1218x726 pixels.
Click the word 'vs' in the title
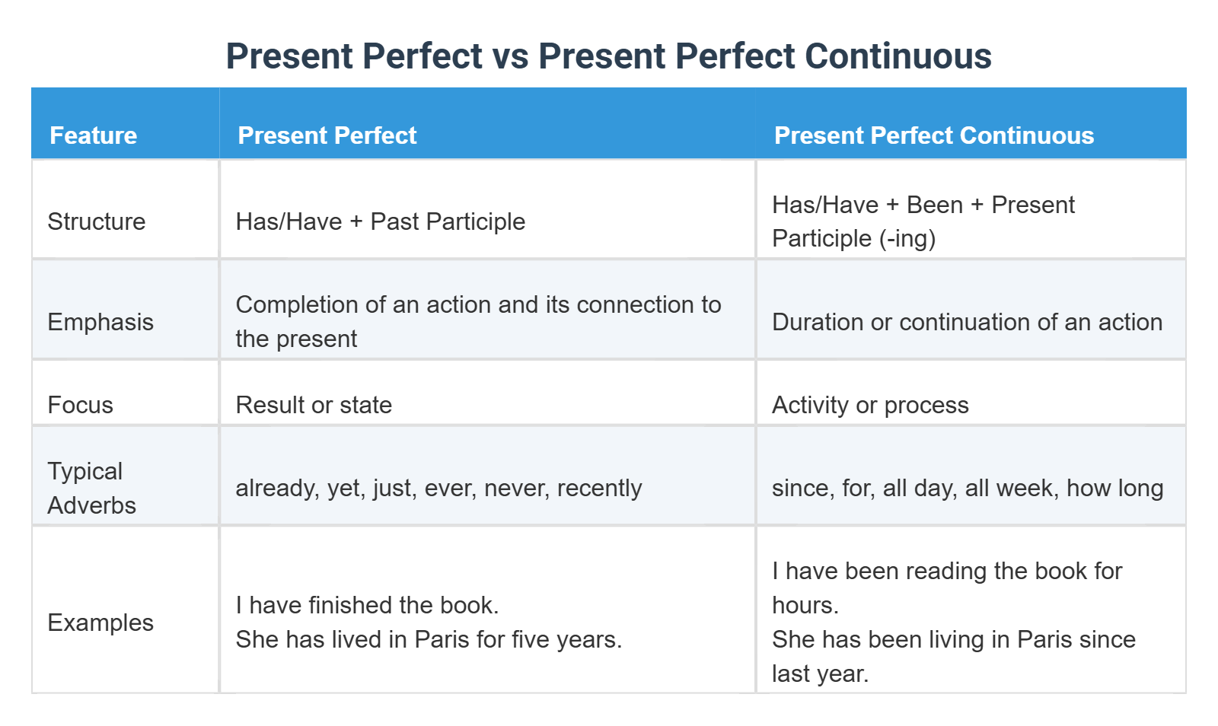[x=510, y=56]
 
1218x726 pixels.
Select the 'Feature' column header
[x=94, y=135]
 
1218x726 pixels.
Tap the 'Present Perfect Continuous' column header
[x=933, y=135]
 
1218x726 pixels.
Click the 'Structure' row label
[x=97, y=221]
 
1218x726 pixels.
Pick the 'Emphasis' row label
[x=100, y=322]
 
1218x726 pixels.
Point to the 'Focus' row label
[x=80, y=405]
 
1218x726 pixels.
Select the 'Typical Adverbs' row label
[x=91, y=488]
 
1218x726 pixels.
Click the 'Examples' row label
[x=100, y=623]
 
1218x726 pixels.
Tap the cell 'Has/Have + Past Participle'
[x=380, y=221]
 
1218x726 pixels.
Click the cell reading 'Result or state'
[x=314, y=405]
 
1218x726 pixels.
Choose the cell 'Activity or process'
[x=870, y=405]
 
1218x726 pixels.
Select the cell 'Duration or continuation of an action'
[x=967, y=322]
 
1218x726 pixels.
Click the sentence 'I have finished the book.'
[x=367, y=605]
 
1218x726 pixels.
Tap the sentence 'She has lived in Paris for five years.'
[x=429, y=639]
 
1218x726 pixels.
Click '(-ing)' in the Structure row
[x=907, y=239]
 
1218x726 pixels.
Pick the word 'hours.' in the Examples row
[x=805, y=605]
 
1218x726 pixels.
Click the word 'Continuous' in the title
[x=898, y=56]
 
